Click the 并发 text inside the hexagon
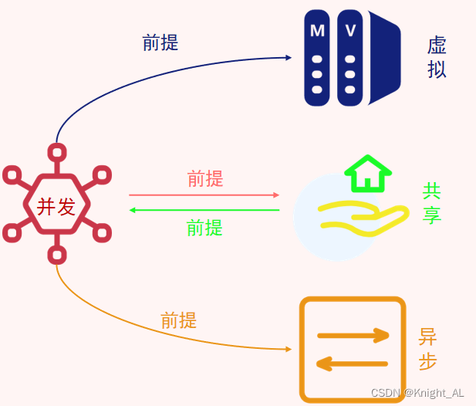coord(56,206)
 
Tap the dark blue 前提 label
coord(160,42)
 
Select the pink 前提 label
coord(205,179)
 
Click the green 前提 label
coord(204,228)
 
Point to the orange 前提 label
coord(178,320)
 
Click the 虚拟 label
coord(437,57)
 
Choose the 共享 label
coord(431,202)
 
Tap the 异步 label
coord(427,349)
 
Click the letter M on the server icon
coord(317,31)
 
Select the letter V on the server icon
coord(350,31)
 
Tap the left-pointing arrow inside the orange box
coord(352,363)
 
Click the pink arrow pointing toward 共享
coord(204,195)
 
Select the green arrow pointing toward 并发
coord(204,210)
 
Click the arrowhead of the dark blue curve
coord(289,58)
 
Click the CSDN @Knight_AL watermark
coord(417,393)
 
